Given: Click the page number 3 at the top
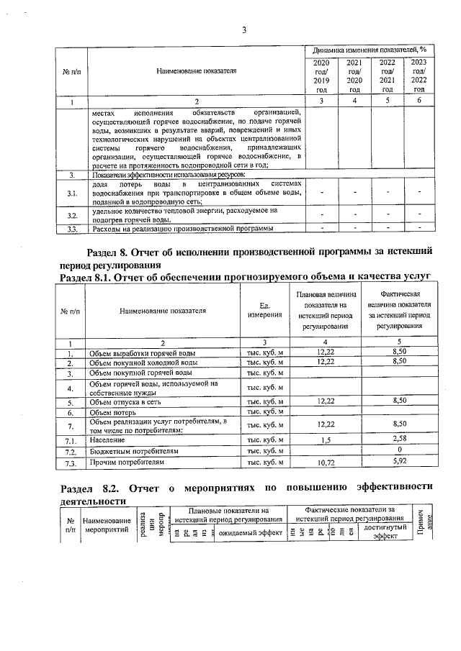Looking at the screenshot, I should point(244,30).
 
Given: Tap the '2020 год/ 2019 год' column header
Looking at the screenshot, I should point(321,76).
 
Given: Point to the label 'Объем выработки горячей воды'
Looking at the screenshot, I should point(142,353).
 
